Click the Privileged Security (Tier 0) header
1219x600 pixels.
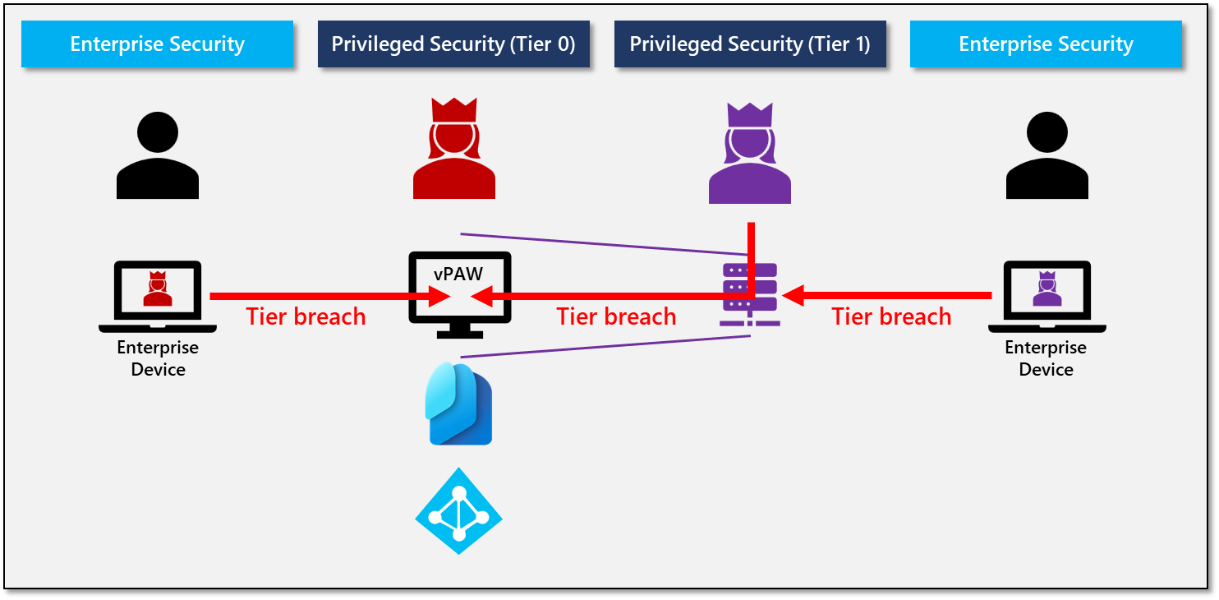pos(453,44)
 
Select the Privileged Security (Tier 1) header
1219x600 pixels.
pos(749,44)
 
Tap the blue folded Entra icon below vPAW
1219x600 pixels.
pos(458,404)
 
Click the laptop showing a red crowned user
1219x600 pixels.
pos(157,297)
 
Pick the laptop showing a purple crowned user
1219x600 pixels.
pos(1046,297)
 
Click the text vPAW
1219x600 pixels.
pos(458,274)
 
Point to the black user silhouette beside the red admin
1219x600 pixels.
pos(157,156)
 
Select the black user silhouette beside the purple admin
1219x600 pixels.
pos(1046,156)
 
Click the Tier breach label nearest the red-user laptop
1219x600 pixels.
pos(306,316)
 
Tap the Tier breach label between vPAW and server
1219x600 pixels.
pos(616,316)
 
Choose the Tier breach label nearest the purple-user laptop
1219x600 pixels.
pos(891,316)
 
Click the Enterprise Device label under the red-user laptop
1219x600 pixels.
pos(158,358)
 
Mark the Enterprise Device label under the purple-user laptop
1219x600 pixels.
pos(1046,358)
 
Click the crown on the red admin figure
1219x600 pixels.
pos(453,109)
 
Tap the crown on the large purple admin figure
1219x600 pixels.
pos(749,113)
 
